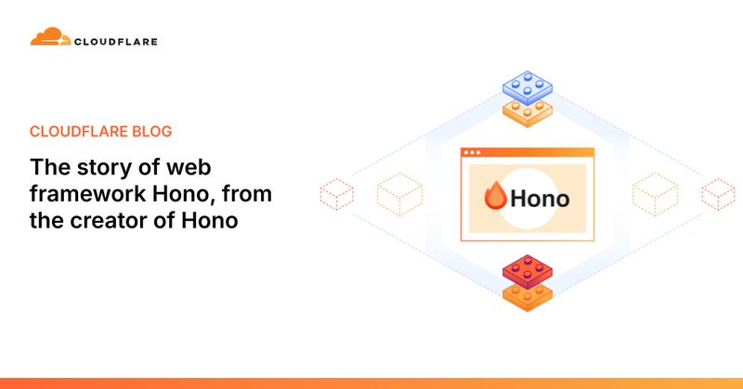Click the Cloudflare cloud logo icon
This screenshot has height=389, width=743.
pyautogui.click(x=49, y=38)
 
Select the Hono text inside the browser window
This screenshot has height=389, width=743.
pyautogui.click(x=540, y=198)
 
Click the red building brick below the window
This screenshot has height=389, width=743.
pyautogui.click(x=528, y=271)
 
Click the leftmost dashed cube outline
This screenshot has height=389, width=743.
pyautogui.click(x=336, y=194)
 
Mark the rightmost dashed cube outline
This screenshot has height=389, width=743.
pyautogui.click(x=717, y=194)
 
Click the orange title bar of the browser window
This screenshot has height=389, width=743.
pyautogui.click(x=528, y=151)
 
